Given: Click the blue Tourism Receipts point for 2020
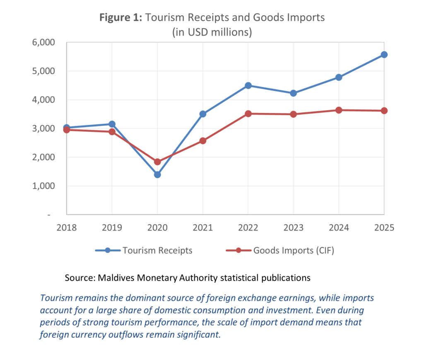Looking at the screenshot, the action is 157,175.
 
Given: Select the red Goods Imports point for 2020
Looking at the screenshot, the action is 157,162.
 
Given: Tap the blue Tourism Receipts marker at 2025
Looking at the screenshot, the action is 384,55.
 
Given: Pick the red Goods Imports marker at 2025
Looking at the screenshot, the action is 384,111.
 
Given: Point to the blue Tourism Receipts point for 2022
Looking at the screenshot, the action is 248,86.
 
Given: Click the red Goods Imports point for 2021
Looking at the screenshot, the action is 203,141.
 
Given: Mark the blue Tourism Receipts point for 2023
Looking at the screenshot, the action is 294,93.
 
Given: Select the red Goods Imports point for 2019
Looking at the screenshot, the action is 112,132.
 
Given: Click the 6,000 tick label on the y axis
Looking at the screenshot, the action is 43,43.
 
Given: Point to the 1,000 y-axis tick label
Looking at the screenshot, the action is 43,186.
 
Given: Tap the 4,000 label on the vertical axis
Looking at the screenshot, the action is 43,100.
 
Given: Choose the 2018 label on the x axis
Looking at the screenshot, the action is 67,227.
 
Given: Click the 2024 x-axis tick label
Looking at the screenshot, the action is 339,227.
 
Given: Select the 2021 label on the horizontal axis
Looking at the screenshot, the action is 203,227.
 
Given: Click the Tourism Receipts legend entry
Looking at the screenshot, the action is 144,250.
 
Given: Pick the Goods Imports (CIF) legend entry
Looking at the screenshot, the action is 280,251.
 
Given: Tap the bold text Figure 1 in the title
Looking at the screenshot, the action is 120,17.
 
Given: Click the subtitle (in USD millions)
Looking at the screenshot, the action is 212,32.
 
